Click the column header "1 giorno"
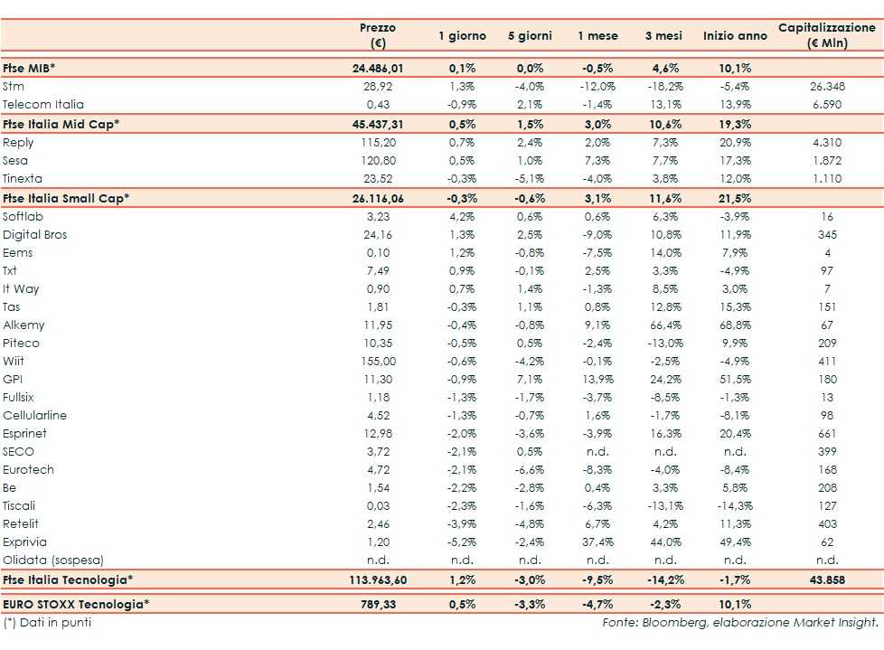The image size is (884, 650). tap(462, 36)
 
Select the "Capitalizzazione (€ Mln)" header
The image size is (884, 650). tap(826, 36)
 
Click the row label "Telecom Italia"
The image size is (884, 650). tap(42, 105)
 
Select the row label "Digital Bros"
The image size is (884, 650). tap(35, 235)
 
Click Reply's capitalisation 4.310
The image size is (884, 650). tap(827, 143)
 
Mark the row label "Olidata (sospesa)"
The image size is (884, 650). tap(53, 561)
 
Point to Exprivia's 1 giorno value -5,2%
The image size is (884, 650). tap(462, 542)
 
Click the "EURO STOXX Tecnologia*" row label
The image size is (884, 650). tap(76, 603)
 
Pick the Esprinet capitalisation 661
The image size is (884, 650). tap(827, 434)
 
